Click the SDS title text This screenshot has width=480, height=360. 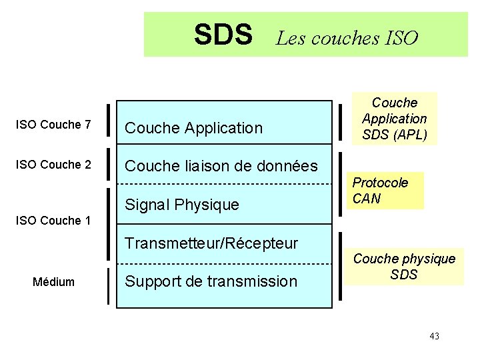tap(223, 35)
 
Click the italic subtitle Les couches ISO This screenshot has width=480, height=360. tap(347, 38)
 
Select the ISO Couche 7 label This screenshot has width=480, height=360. tap(53, 125)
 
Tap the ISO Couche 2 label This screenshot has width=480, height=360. tap(53, 165)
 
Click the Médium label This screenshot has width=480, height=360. tap(53, 282)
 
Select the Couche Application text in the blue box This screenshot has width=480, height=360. tap(194, 128)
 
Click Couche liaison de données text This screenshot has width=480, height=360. tap(221, 166)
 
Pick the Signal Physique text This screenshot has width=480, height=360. tap(182, 205)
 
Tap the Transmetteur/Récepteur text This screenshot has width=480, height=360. tap(211, 243)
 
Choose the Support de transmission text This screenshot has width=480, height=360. tap(211, 281)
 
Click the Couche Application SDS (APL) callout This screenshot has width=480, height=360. tap(394, 119)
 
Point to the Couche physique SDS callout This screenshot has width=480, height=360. tap(405, 266)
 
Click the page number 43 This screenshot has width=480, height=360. tap(434, 336)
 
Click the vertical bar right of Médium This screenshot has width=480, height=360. tap(108, 285)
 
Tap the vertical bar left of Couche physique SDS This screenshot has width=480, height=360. tap(342, 266)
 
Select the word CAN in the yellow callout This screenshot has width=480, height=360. tap(367, 199)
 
